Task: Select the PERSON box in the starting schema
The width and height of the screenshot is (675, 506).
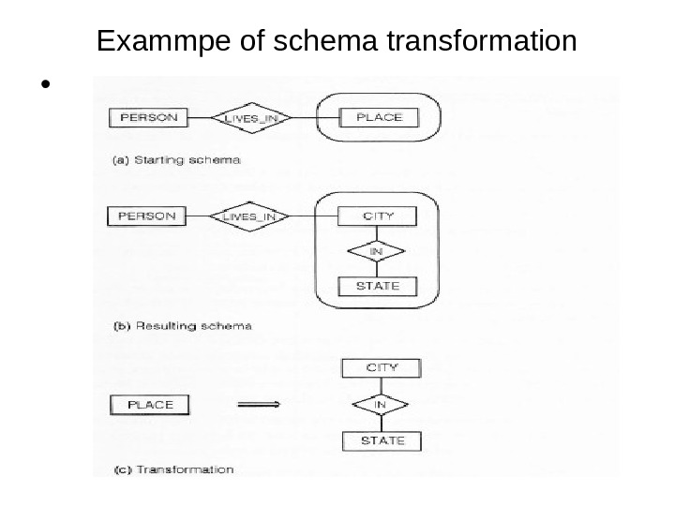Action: pyautogui.click(x=149, y=118)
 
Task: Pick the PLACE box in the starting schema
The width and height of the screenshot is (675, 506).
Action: pyautogui.click(x=379, y=117)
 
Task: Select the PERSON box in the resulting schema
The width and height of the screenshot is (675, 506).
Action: pyautogui.click(x=146, y=216)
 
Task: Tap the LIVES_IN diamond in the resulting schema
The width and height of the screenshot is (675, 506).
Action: pyautogui.click(x=250, y=217)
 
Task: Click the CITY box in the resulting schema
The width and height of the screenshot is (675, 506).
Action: pyautogui.click(x=378, y=216)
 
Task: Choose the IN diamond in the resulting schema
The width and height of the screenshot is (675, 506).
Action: pyautogui.click(x=376, y=251)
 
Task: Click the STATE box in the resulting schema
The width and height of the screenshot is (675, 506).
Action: pyautogui.click(x=378, y=286)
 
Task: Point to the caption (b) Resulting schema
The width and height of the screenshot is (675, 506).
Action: pyautogui.click(x=181, y=327)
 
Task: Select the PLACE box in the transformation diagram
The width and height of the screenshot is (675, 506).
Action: pyautogui.click(x=150, y=405)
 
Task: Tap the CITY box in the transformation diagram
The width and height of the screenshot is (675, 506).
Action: pyautogui.click(x=381, y=368)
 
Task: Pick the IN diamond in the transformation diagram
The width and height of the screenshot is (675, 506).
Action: pyautogui.click(x=381, y=404)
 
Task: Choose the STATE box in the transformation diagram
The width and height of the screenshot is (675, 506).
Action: pyautogui.click(x=381, y=440)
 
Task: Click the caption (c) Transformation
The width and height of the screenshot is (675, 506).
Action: pyautogui.click(x=173, y=469)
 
